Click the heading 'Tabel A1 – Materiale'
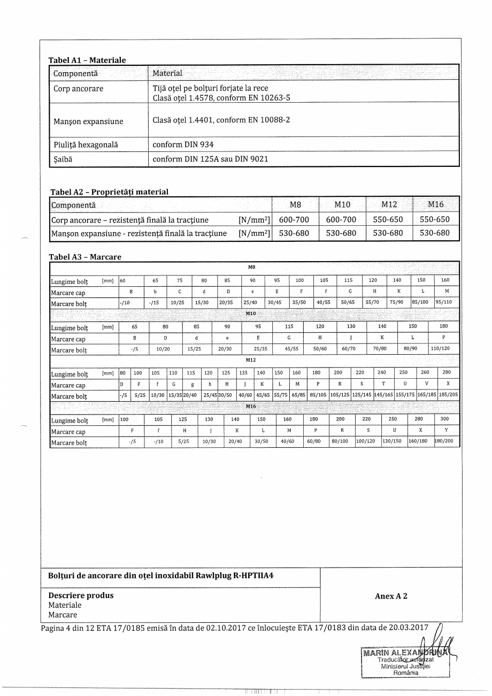[87, 60]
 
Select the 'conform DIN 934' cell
[183, 144]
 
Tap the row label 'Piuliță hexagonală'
[86, 144]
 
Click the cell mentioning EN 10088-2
[221, 120]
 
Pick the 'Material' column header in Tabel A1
[167, 73]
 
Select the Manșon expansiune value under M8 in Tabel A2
[294, 233]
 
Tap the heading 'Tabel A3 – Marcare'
[85, 257]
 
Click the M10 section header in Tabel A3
[251, 313]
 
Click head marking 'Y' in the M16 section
[446, 431]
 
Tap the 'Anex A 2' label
[391, 596]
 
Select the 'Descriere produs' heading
[81, 595]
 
